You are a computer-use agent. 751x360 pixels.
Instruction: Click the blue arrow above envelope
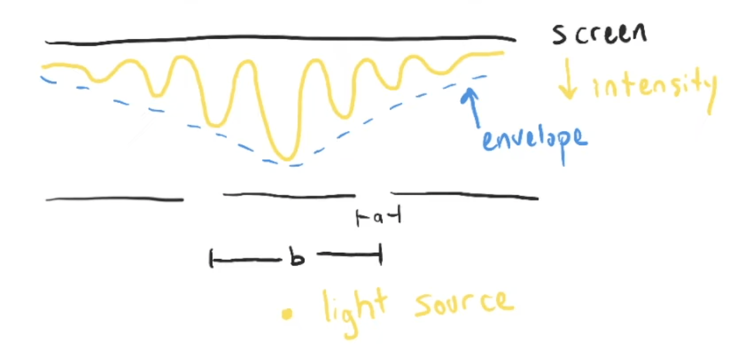coord(473,106)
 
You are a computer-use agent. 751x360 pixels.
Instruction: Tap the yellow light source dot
coord(287,314)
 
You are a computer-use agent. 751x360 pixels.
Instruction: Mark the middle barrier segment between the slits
coord(289,195)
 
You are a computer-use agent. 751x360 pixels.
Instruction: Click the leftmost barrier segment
coord(115,199)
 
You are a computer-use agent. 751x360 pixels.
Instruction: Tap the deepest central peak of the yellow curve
coord(286,157)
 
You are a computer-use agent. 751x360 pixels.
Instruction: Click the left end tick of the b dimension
coord(211,259)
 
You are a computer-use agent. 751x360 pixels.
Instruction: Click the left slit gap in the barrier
coord(203,197)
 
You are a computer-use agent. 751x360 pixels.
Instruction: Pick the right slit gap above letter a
coord(373,194)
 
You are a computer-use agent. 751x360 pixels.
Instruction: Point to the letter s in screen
coord(559,34)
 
